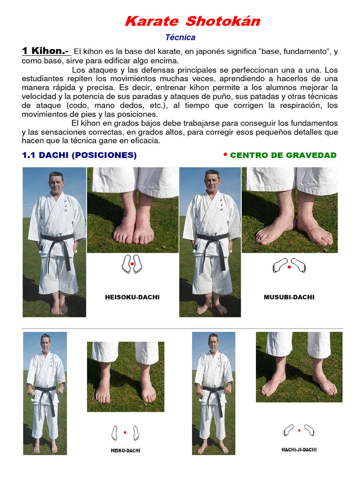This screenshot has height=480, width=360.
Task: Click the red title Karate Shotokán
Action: (192, 21)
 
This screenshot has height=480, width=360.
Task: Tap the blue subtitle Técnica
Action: (180, 37)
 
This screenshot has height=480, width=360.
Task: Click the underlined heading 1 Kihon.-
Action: (45, 51)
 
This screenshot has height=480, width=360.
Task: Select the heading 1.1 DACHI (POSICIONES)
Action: (79, 156)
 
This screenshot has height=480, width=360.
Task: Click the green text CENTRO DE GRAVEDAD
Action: (283, 155)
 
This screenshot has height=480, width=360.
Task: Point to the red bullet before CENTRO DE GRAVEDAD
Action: (225, 154)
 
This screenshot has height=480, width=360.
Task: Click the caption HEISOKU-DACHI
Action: (132, 297)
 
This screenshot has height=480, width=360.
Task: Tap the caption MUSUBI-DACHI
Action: (289, 297)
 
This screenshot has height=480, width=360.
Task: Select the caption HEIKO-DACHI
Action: (125, 450)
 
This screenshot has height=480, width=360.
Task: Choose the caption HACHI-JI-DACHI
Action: (299, 450)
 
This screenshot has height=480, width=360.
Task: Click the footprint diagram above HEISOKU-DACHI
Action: (132, 264)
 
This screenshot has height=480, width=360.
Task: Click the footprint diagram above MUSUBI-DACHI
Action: (289, 266)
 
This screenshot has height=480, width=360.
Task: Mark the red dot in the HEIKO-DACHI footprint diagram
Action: (125, 432)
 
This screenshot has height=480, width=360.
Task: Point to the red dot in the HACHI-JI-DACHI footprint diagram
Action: (299, 430)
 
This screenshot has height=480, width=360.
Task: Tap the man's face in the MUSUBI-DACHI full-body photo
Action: (212, 181)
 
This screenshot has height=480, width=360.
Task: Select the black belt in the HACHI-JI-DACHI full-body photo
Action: (213, 389)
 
